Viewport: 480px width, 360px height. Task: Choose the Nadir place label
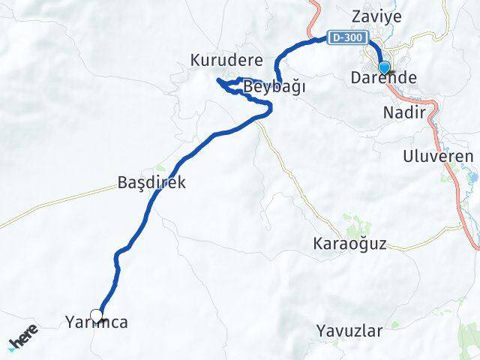click(x=403, y=113)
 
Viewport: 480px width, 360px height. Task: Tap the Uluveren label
click(x=438, y=157)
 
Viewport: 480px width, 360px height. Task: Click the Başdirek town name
click(x=151, y=182)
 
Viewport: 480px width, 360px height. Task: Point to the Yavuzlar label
click(x=349, y=330)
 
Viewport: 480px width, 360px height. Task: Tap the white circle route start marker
click(x=97, y=316)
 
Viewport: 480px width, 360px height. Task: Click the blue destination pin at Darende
click(x=384, y=68)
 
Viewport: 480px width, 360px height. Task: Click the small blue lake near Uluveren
click(x=473, y=178)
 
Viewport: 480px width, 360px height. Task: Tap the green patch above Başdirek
click(x=159, y=169)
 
